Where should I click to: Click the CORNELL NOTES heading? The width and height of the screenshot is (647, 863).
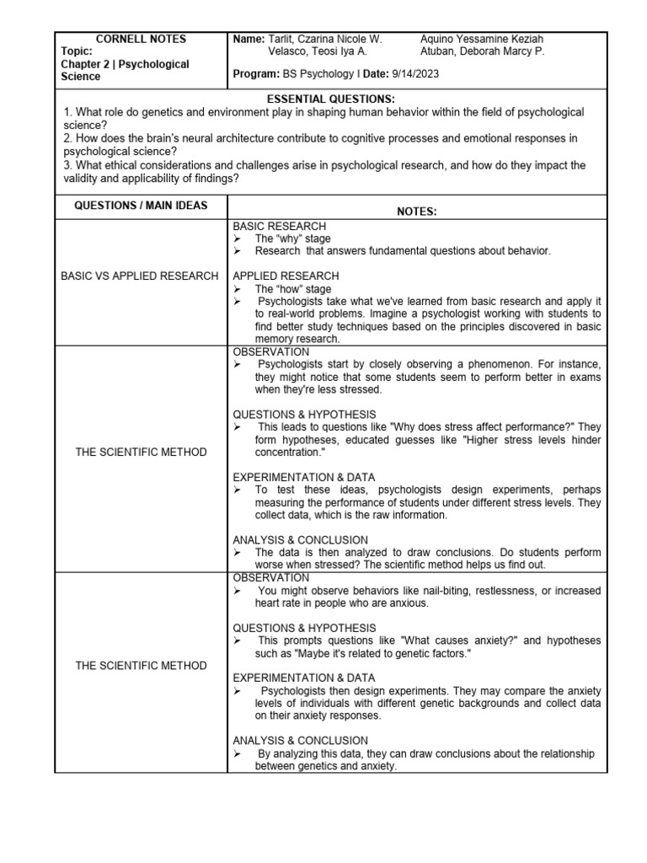click(x=141, y=39)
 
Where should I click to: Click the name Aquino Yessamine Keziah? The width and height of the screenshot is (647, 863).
click(x=481, y=39)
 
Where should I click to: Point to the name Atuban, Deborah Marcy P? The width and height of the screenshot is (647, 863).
click(x=482, y=51)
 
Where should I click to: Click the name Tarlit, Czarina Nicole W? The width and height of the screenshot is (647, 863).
click(x=324, y=39)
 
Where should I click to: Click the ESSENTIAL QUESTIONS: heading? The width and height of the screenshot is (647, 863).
click(x=330, y=99)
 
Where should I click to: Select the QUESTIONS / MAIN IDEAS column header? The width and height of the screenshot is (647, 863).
click(x=141, y=206)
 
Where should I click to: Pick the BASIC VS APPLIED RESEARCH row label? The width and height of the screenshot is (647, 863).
click(x=141, y=276)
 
